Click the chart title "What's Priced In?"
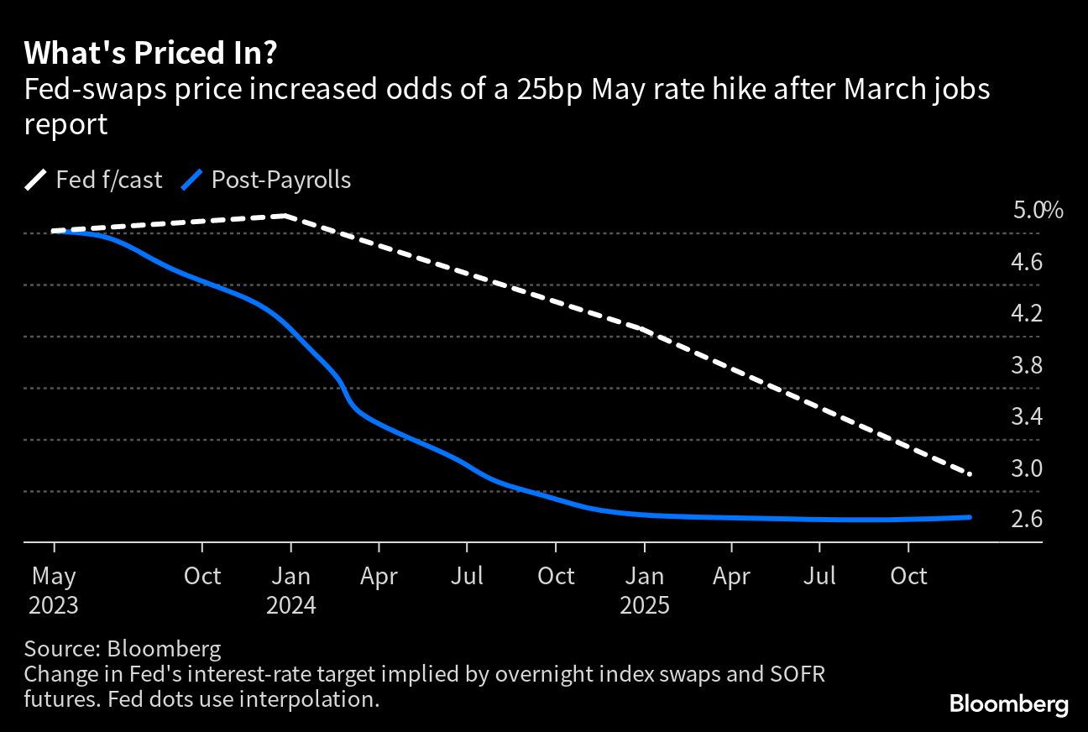point(151,54)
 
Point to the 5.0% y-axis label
point(1038,210)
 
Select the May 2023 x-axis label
point(54,590)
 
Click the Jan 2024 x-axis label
point(290,590)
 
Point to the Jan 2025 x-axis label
point(644,590)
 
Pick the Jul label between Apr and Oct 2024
point(467,576)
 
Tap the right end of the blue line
point(970,517)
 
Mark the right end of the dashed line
point(970,474)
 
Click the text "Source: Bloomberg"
point(123,649)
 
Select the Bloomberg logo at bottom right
point(1008,704)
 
